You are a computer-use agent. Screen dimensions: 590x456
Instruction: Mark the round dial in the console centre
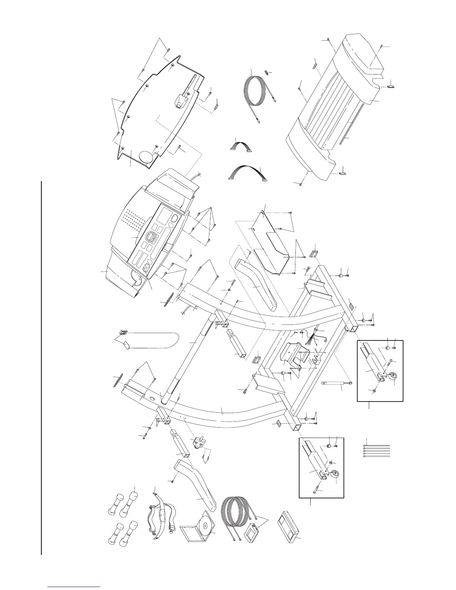pos(152,237)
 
